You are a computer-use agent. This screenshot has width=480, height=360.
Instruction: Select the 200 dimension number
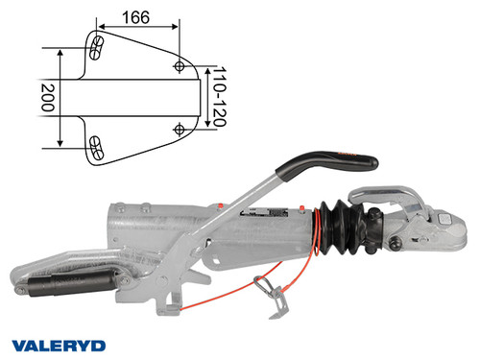44,97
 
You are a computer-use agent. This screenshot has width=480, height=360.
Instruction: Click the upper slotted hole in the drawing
97,46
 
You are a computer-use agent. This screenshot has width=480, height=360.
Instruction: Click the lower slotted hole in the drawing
97,146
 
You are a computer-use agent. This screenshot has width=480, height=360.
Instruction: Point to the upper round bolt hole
180,65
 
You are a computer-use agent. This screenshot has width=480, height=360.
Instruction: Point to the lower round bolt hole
180,128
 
